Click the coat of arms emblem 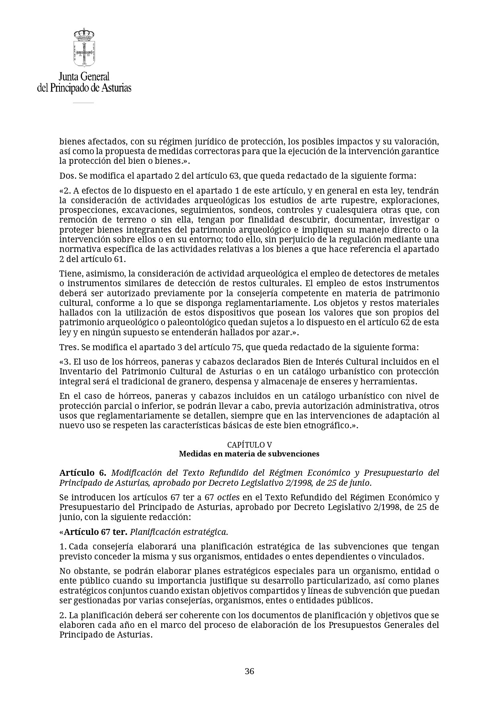[84, 47]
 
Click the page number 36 [249, 671]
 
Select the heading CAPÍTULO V [249, 445]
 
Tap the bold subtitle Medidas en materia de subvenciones [249, 454]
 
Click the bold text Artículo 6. [82, 473]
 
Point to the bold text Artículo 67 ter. [95, 532]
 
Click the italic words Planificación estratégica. [179, 532]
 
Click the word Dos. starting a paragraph [67, 176]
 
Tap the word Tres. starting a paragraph [68, 347]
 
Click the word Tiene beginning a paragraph [69, 274]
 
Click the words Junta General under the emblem [84, 76]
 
